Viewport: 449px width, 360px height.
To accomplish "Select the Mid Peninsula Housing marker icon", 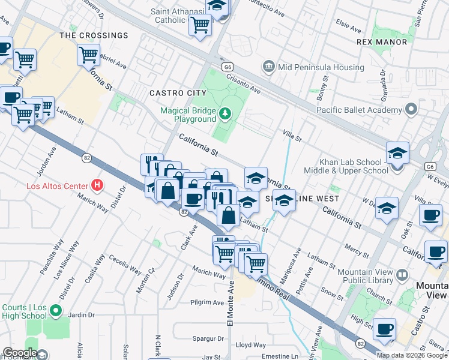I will (x=268, y=65).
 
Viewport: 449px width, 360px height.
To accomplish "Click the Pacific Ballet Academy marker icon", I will (x=411, y=110).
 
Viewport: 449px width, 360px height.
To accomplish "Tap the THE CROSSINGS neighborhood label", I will (x=94, y=35).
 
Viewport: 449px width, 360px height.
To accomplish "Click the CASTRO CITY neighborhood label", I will (x=178, y=93).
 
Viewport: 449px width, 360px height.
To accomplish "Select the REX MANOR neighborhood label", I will (x=382, y=42).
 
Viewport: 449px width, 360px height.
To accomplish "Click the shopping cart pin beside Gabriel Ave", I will (x=88, y=55).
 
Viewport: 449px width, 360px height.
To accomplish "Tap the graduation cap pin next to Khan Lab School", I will (x=397, y=153).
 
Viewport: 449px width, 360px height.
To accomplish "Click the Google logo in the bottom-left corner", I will (x=20, y=352).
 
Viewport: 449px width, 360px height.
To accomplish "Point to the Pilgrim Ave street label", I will (x=206, y=302).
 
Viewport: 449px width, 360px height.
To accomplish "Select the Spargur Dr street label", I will (x=208, y=338).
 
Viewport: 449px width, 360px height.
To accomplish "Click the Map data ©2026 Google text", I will (x=412, y=355).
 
